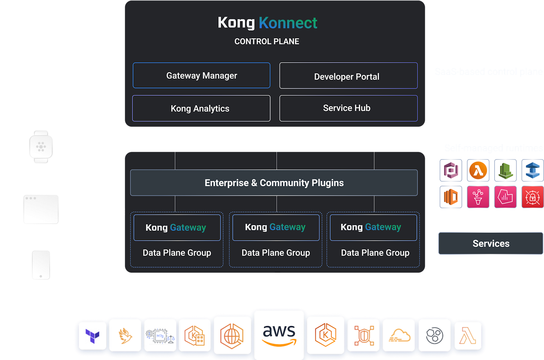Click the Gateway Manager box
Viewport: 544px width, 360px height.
coord(201,75)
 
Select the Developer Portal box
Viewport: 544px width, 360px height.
coord(348,76)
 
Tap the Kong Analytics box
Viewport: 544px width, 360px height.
coord(201,108)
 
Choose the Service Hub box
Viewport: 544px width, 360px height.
coord(348,108)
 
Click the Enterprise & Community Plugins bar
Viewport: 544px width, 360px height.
coord(274,183)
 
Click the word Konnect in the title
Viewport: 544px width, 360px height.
coord(288,23)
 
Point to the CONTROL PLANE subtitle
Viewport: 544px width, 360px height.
coord(266,42)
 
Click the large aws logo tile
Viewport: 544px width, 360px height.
coord(279,335)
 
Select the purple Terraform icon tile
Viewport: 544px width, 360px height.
coord(93,336)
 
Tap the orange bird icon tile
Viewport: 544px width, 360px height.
coord(125,336)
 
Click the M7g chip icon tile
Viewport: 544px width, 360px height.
coord(160,336)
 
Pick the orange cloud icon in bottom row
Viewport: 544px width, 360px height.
coord(399,336)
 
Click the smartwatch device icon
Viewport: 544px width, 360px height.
coord(41,147)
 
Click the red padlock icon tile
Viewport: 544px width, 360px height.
coord(532,197)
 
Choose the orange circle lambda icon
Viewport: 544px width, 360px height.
coord(478,171)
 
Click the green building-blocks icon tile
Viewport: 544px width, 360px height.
coord(505,171)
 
